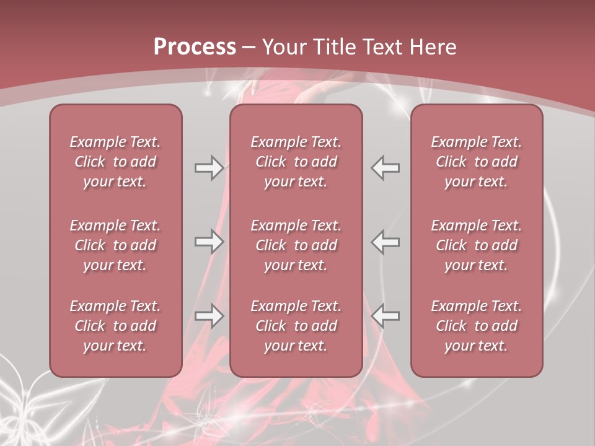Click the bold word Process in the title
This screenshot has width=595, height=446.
(195, 47)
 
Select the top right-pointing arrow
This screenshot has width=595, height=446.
(209, 168)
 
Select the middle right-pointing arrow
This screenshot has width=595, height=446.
(209, 242)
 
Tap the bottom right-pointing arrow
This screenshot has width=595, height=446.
(209, 316)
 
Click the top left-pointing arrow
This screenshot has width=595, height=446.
(386, 168)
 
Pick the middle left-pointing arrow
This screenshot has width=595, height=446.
(386, 242)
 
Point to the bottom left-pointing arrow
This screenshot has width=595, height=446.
(386, 316)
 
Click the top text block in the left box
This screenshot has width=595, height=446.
(115, 162)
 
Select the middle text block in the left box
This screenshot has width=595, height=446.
(115, 245)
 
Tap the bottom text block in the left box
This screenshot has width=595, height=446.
(115, 326)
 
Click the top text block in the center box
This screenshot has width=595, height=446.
(296, 162)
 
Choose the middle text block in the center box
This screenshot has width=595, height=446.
(296, 245)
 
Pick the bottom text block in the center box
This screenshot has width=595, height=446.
(296, 326)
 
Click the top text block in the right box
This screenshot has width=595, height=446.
(477, 162)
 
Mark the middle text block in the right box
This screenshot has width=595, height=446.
(477, 245)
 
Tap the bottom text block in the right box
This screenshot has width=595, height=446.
(477, 326)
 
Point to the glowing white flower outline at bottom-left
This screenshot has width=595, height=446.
(25, 403)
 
